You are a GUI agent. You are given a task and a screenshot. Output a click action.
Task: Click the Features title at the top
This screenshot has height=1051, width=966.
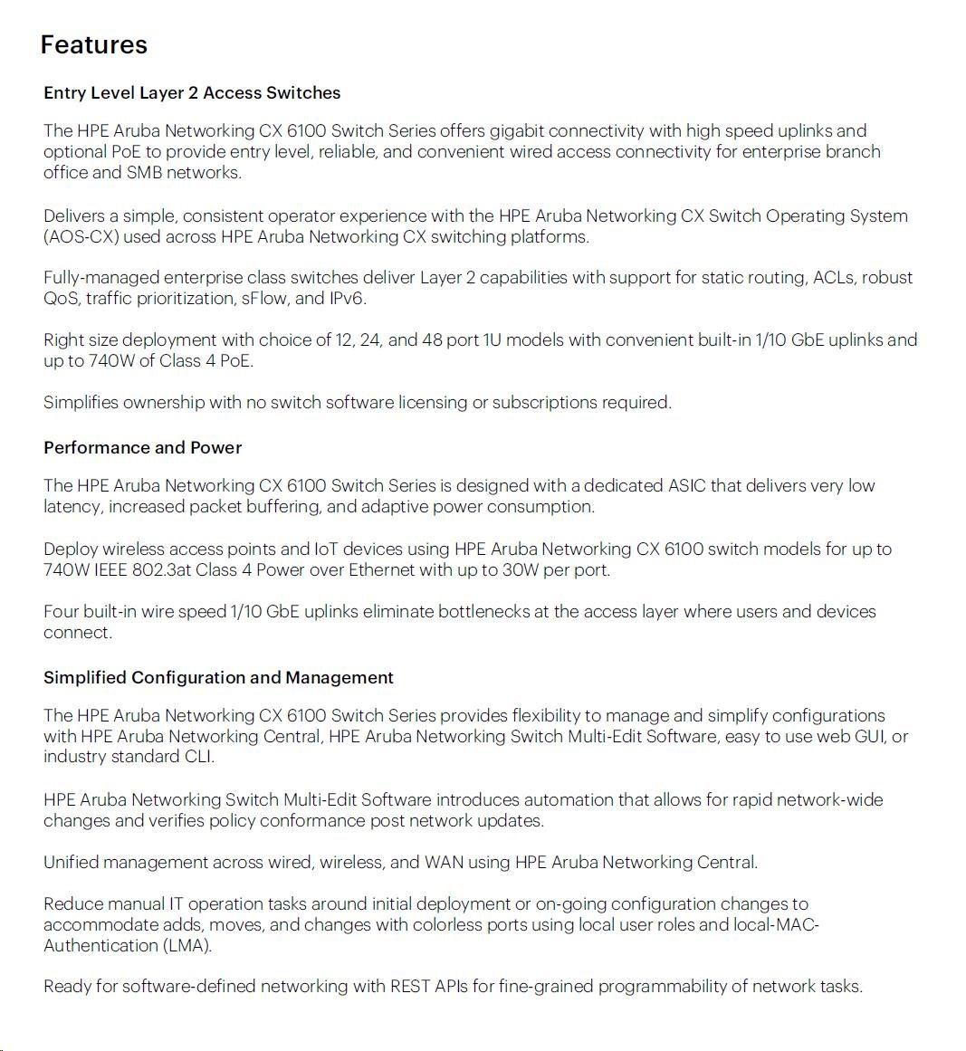pyautogui.click(x=93, y=44)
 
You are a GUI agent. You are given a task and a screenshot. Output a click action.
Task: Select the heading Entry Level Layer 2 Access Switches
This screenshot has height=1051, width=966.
pyautogui.click(x=192, y=92)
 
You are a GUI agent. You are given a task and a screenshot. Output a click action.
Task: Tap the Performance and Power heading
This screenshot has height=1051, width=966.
pyautogui.click(x=142, y=447)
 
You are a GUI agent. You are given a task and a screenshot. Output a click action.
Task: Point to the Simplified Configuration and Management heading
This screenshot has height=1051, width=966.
pyautogui.click(x=218, y=677)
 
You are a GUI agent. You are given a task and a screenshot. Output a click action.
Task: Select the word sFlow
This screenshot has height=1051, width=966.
pyautogui.click(x=264, y=298)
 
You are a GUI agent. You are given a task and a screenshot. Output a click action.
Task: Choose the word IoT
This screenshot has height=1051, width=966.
pyautogui.click(x=326, y=549)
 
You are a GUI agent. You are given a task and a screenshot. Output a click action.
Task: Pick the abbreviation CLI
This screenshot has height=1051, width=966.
pyautogui.click(x=199, y=756)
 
